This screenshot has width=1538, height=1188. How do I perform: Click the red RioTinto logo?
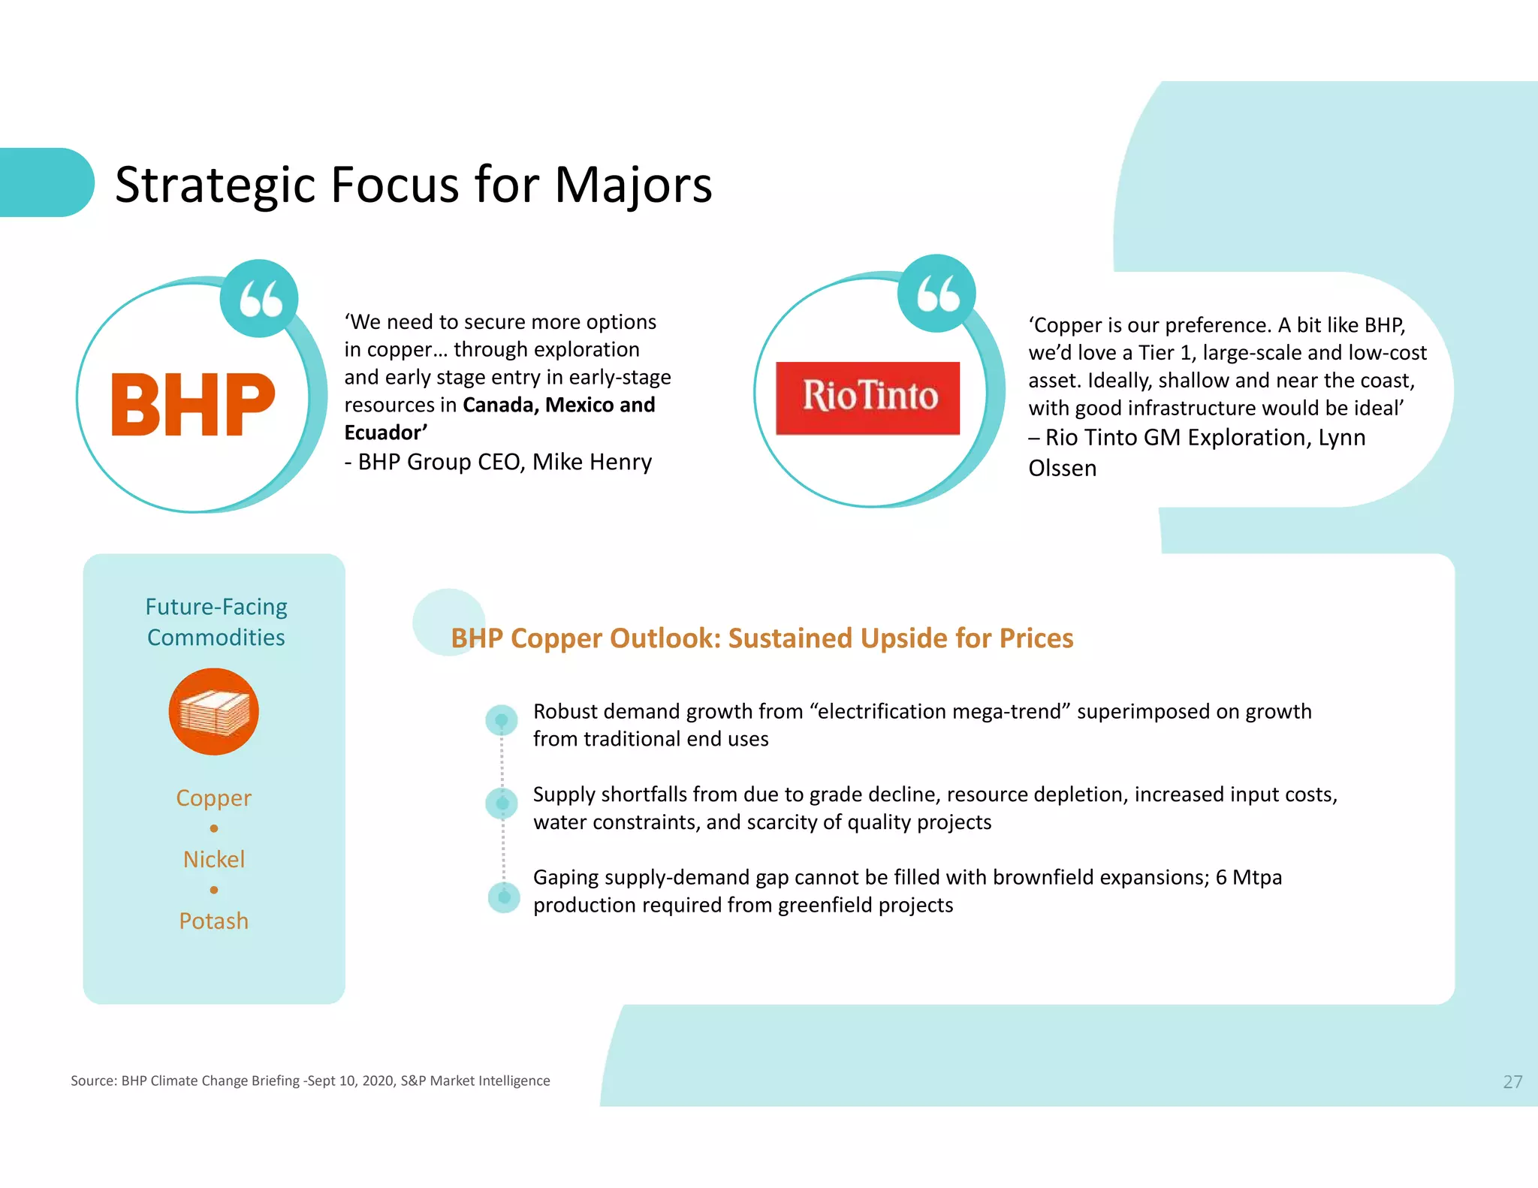[x=867, y=398]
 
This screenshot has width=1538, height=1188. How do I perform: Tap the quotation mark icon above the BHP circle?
[x=259, y=299]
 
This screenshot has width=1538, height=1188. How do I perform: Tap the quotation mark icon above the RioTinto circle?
[x=936, y=294]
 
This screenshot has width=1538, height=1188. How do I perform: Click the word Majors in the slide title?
[x=633, y=185]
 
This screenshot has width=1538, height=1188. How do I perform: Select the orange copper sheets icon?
[x=214, y=712]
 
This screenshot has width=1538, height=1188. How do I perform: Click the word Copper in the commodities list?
[x=214, y=798]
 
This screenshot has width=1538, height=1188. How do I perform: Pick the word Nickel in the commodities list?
[x=214, y=859]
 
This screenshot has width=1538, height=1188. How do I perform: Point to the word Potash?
[x=214, y=921]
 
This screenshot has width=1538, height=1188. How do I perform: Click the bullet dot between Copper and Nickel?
[x=214, y=828]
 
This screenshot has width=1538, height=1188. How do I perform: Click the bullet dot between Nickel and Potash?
[x=214, y=890]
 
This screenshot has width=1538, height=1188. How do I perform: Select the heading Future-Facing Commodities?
[x=216, y=622]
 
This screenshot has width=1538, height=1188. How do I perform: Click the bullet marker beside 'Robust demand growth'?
[x=502, y=720]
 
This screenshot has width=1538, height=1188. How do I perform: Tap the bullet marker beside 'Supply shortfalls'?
[x=502, y=804]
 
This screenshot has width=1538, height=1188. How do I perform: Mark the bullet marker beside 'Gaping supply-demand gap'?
[x=504, y=897]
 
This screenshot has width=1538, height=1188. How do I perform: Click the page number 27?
[x=1512, y=1081]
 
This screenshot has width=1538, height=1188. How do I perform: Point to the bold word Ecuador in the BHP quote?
[x=385, y=433]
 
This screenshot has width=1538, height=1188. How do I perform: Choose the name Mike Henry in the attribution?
[x=592, y=462]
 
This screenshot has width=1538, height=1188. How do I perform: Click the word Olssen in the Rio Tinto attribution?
[x=1062, y=469]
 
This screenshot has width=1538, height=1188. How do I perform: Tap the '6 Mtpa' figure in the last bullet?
[x=1248, y=877]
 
